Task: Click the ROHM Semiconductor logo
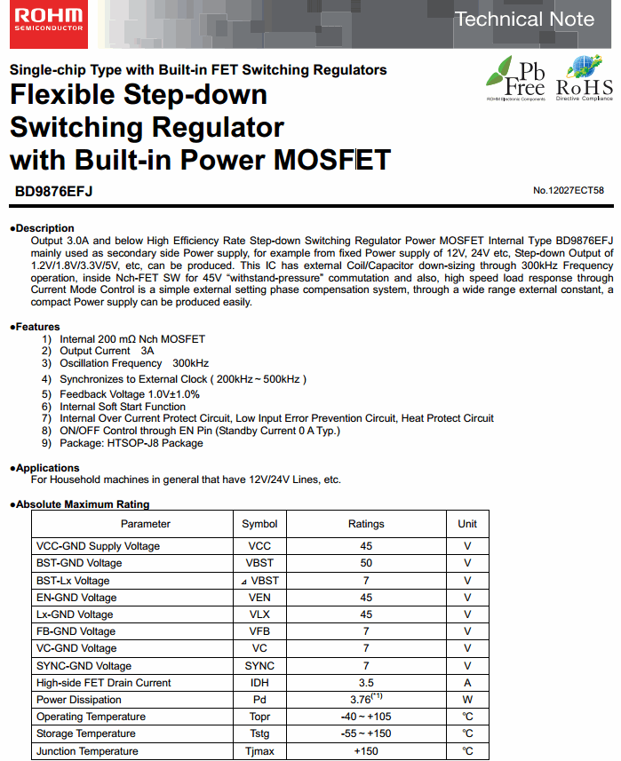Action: coord(49,20)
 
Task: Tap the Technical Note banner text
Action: coord(524,19)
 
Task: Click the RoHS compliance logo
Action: coord(585,78)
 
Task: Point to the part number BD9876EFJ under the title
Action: coord(54,191)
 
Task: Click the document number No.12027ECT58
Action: coord(569,191)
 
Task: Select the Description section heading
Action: coord(42,228)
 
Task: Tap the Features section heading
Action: coord(35,327)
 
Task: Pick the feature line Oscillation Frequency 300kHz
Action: coord(133,363)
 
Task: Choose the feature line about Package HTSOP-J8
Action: coord(131,443)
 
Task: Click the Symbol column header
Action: coord(259,524)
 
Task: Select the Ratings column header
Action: coord(366,524)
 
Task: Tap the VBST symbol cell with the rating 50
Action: coord(259,563)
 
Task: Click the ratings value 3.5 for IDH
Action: coord(366,683)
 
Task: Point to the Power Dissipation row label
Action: coord(79,700)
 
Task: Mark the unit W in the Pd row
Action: coord(467,700)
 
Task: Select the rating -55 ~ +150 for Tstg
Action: coord(366,733)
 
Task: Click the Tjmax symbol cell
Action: coord(259,751)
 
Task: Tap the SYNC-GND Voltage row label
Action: coord(84,666)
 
